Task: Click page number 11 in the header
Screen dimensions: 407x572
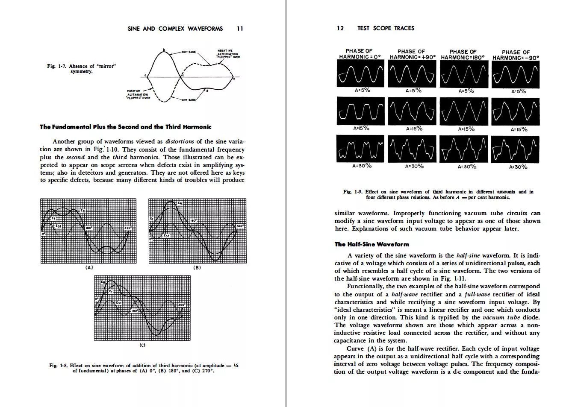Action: coord(240,29)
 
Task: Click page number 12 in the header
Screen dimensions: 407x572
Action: coord(340,28)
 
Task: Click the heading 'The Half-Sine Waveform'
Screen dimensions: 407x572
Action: coord(372,244)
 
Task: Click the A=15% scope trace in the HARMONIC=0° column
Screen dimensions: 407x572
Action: coord(360,111)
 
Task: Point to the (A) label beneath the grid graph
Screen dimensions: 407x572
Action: coord(88,267)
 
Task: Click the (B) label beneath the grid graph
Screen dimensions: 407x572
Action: coord(197,267)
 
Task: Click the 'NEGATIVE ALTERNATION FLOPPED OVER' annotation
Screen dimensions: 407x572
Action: coord(228,54)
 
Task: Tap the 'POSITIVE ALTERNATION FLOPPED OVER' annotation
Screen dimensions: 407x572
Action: coord(138,94)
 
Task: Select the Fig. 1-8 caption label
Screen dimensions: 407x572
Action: coord(59,366)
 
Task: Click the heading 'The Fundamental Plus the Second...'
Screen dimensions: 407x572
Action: coord(125,127)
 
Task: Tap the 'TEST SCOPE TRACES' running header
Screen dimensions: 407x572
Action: coord(386,28)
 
